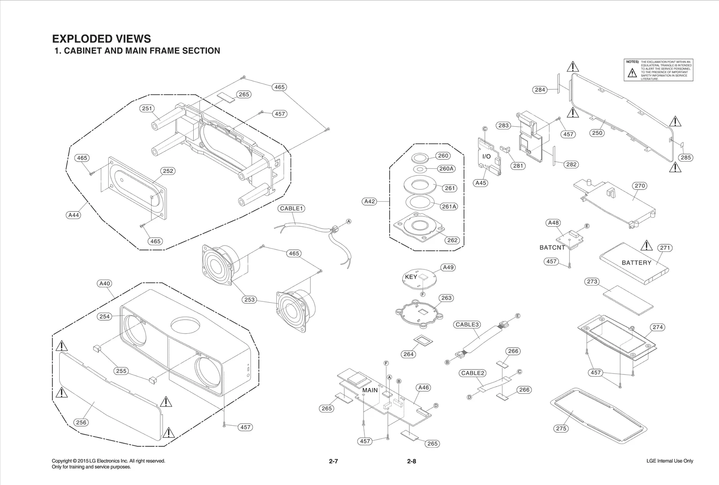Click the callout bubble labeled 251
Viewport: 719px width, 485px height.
pos(147,108)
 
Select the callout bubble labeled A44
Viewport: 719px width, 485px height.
pos(73,215)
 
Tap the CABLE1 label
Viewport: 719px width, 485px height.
pos(292,208)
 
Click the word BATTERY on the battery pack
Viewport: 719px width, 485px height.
pos(636,263)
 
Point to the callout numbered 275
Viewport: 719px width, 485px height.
pos(561,428)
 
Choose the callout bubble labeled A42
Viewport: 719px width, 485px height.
pos(369,201)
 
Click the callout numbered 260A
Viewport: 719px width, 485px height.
pos(446,169)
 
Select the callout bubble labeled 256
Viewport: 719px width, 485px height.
pos(81,422)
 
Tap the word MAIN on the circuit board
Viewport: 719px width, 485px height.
pos(370,390)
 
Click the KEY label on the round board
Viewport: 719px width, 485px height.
pos(411,277)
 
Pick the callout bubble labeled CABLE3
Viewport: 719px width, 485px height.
pos(468,325)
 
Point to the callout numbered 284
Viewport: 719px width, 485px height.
pos(540,90)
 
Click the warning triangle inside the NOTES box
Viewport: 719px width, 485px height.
pos(632,73)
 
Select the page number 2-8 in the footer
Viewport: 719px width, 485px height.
pos(411,461)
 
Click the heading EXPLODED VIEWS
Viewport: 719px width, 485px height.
pos(102,39)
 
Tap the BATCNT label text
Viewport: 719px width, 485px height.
pos(552,247)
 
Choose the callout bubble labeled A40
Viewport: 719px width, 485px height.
pos(104,283)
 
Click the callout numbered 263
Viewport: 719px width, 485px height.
pos(446,298)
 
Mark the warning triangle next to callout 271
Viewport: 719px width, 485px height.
pos(646,246)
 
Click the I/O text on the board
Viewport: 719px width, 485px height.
pos(486,157)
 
